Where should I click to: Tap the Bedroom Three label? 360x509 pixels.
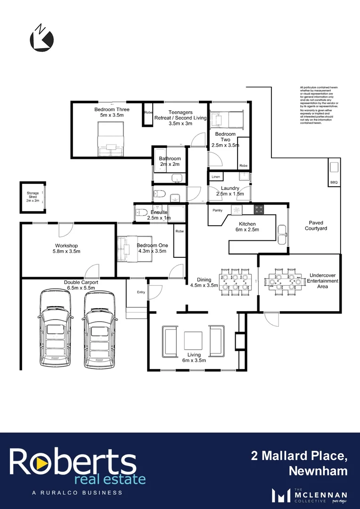tap(112, 112)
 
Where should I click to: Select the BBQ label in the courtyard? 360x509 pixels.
tap(334, 182)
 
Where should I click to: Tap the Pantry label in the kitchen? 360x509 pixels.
tap(217, 210)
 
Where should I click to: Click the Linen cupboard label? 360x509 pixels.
tap(216, 177)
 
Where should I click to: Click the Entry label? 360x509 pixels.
tap(141, 292)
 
